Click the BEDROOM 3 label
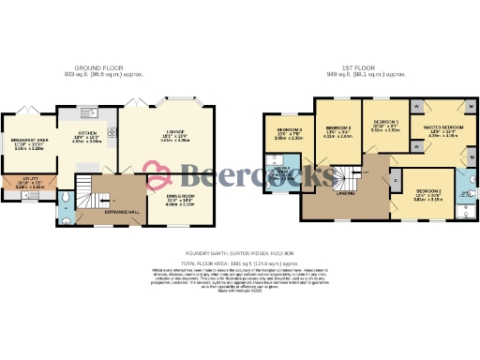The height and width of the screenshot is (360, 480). [x=338, y=129]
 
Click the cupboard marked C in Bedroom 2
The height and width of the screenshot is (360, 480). [x=394, y=179]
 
